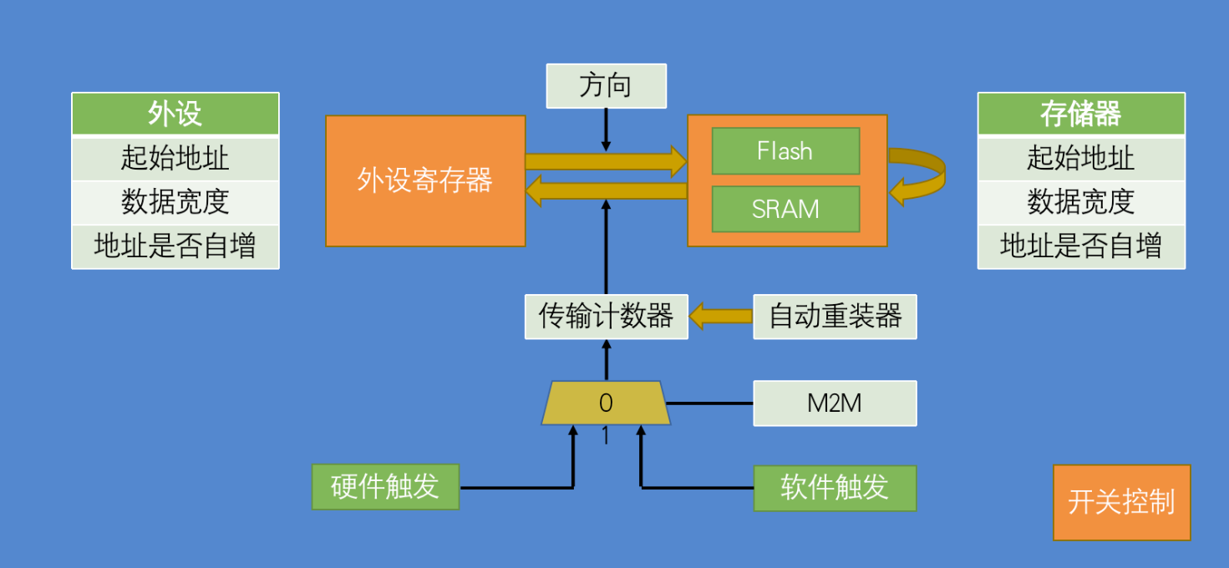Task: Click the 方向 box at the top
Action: coord(607,86)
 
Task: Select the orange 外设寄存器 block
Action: coord(425,181)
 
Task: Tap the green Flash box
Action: coord(785,151)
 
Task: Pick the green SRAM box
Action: coord(785,209)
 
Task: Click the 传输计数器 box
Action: coord(607,317)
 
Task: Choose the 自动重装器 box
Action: coord(835,317)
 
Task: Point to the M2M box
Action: coord(835,403)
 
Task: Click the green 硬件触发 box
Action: coord(385,487)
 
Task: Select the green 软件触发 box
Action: coord(835,488)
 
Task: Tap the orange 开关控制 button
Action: coord(1121,502)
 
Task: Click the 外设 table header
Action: coord(175,114)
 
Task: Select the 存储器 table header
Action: coord(1081,114)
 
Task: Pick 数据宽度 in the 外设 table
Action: coord(175,202)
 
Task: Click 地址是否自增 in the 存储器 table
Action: coord(1081,246)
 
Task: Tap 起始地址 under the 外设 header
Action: coord(175,158)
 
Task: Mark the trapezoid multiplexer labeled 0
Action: coord(606,403)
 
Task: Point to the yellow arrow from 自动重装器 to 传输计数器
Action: coord(720,317)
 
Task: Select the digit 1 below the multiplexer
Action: coord(606,436)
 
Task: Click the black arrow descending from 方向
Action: coord(606,129)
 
